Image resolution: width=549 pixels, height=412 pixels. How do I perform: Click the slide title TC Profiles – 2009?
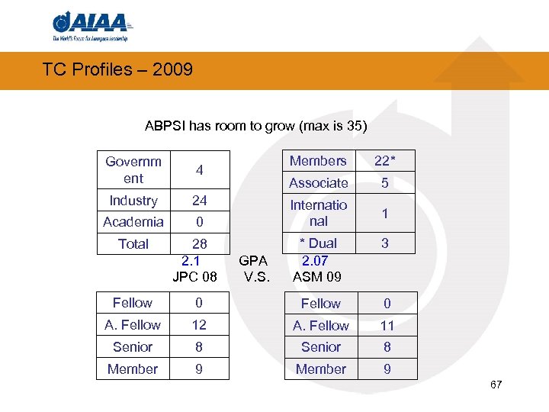click(117, 70)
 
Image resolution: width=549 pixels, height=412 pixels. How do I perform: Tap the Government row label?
click(133, 169)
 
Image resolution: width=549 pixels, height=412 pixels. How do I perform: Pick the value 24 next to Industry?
click(199, 201)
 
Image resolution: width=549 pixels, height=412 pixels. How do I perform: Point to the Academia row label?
click(133, 222)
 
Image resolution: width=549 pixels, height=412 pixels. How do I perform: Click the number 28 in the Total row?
click(199, 244)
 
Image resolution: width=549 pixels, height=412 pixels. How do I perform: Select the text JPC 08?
click(195, 275)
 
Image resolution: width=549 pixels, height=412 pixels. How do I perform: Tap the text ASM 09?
click(317, 275)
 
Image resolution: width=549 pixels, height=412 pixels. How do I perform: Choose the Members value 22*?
click(384, 161)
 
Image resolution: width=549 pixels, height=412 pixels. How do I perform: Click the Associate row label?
click(318, 183)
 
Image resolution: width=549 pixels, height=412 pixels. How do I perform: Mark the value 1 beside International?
click(385, 214)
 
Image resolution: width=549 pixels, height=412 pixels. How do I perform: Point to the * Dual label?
click(318, 244)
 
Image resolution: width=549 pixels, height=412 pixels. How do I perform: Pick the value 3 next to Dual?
click(385, 244)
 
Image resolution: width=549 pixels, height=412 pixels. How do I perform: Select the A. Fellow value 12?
click(199, 325)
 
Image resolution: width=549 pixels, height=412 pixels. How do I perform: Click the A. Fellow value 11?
click(387, 326)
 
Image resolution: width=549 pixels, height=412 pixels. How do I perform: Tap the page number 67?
click(496, 384)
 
